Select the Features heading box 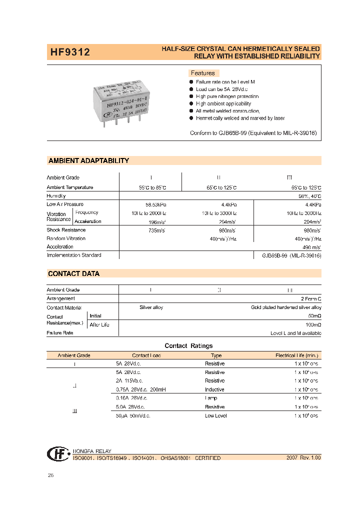202,73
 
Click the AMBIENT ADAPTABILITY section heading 88,161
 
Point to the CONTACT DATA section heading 73,274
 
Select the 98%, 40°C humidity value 309,196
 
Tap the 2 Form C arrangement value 309,298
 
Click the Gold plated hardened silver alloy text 286,307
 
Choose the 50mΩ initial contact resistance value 313,316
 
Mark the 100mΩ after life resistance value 312,325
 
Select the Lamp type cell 211,398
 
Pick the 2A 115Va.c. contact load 128,381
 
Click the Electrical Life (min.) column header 296,355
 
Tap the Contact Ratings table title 188,346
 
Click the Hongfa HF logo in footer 58,453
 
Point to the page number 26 50,475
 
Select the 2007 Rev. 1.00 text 303,457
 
